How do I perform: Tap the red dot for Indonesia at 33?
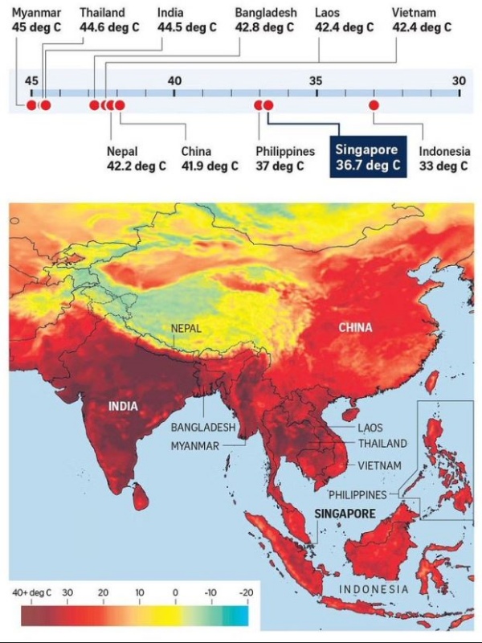[x=374, y=105]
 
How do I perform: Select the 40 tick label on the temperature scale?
[x=174, y=80]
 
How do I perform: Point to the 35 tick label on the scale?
[x=316, y=80]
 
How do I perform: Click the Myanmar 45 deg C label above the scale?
[x=36, y=20]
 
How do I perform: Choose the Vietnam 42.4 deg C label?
[x=422, y=20]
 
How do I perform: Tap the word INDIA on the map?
[x=123, y=406]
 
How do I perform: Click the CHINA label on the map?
[x=355, y=327]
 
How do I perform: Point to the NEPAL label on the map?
[x=186, y=328]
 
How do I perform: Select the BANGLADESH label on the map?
[x=203, y=428]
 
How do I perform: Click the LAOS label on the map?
[x=370, y=428]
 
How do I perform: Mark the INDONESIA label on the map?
[x=374, y=589]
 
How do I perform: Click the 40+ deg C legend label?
[x=32, y=592]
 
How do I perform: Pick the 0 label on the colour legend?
[x=174, y=592]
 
